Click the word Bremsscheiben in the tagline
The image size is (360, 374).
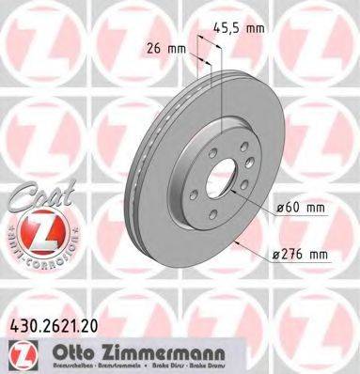64,363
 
